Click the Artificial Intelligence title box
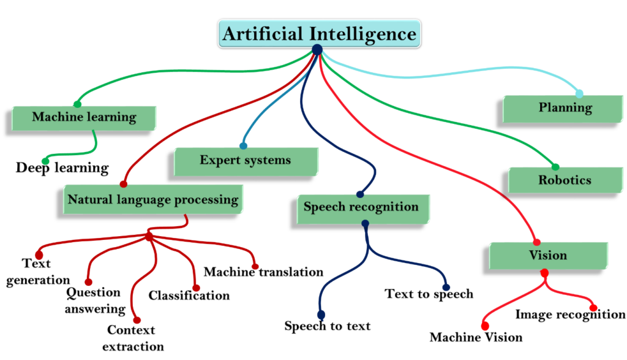(319, 33)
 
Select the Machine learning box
(84, 117)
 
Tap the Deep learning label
(62, 167)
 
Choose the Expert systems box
(246, 161)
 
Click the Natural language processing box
(152, 200)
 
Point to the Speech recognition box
(361, 207)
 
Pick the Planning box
(565, 109)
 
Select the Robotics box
(565, 180)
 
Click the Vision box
(548, 255)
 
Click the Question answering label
(94, 301)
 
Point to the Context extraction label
(135, 338)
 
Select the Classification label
(189, 296)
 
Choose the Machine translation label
(263, 272)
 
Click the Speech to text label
(327, 326)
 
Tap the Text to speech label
(429, 294)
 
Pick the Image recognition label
(570, 315)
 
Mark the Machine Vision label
(476, 337)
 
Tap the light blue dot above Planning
(579, 93)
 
